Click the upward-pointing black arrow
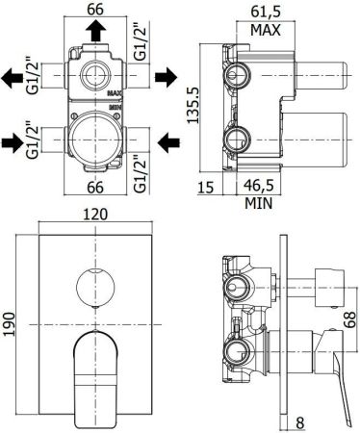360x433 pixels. tap(93, 33)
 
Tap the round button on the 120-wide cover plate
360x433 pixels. tap(93, 283)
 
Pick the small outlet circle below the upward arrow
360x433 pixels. tap(93, 74)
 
